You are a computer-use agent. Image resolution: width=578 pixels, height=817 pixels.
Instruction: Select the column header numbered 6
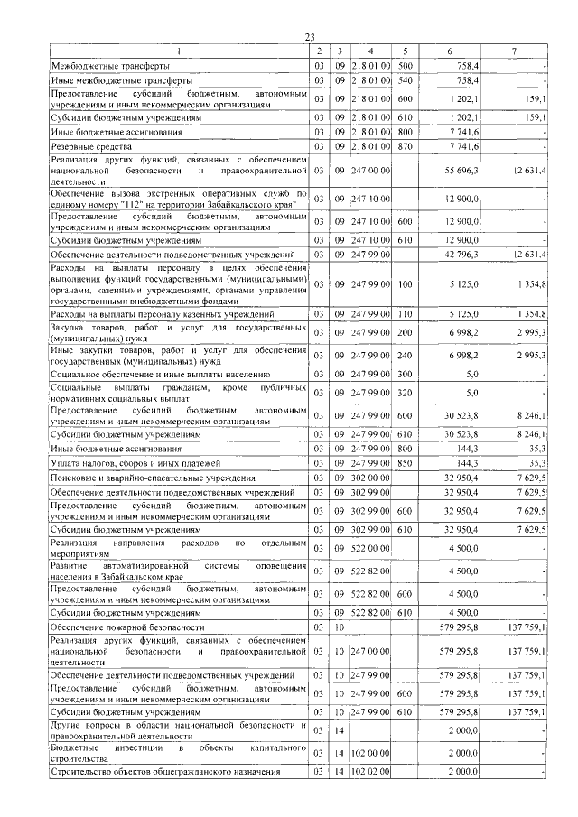pos(449,51)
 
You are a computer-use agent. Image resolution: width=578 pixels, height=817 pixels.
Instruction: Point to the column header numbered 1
pos(178,51)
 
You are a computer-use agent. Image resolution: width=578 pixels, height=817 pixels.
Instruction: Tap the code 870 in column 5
pos(405,145)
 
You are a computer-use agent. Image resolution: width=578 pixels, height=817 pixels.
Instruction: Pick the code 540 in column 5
pos(405,80)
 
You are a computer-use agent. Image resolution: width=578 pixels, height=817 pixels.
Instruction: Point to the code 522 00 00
pos(370,546)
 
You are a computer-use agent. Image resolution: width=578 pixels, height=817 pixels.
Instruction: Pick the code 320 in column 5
pos(405,393)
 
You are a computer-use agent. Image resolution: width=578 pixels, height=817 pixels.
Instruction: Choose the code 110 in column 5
pos(405,313)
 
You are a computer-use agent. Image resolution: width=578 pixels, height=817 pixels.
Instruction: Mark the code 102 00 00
pos(370,752)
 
